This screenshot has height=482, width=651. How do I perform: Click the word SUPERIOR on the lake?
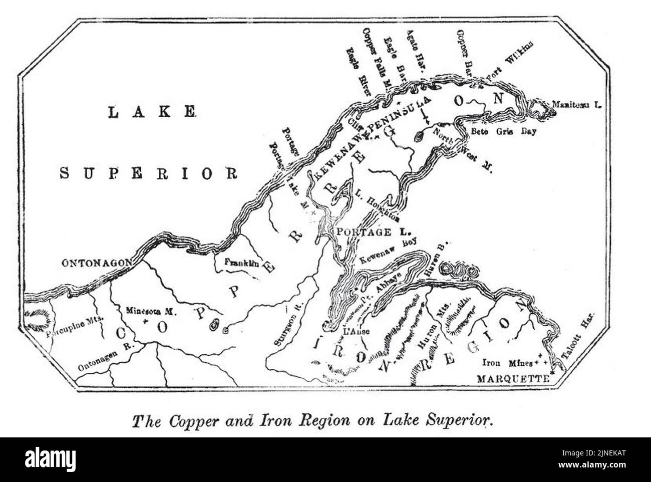click(149, 173)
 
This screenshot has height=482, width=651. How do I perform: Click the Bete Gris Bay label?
click(504, 132)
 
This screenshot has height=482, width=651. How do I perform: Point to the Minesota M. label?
click(150, 311)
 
